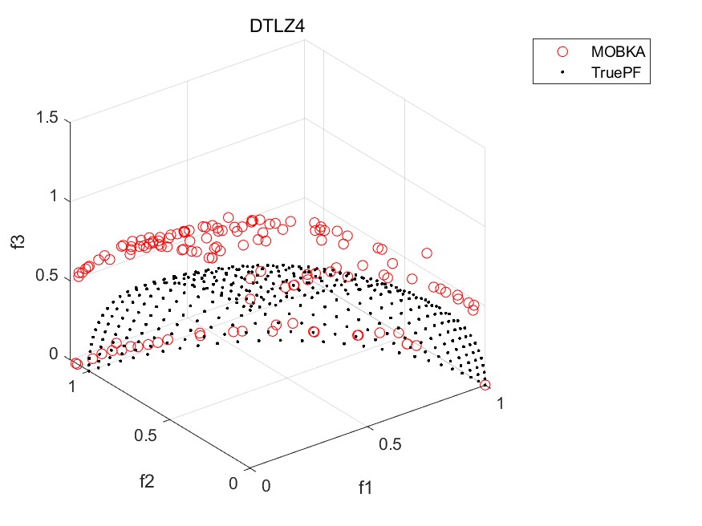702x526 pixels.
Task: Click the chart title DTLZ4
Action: click(x=278, y=28)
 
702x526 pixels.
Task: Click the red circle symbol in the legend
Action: click(x=562, y=51)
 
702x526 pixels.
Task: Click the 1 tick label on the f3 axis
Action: click(x=55, y=197)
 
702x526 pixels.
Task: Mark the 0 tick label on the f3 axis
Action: click(x=55, y=354)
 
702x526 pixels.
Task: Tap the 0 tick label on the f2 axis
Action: click(x=233, y=484)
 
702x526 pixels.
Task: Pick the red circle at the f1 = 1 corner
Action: click(x=485, y=385)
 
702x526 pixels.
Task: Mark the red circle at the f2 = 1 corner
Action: click(x=77, y=363)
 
